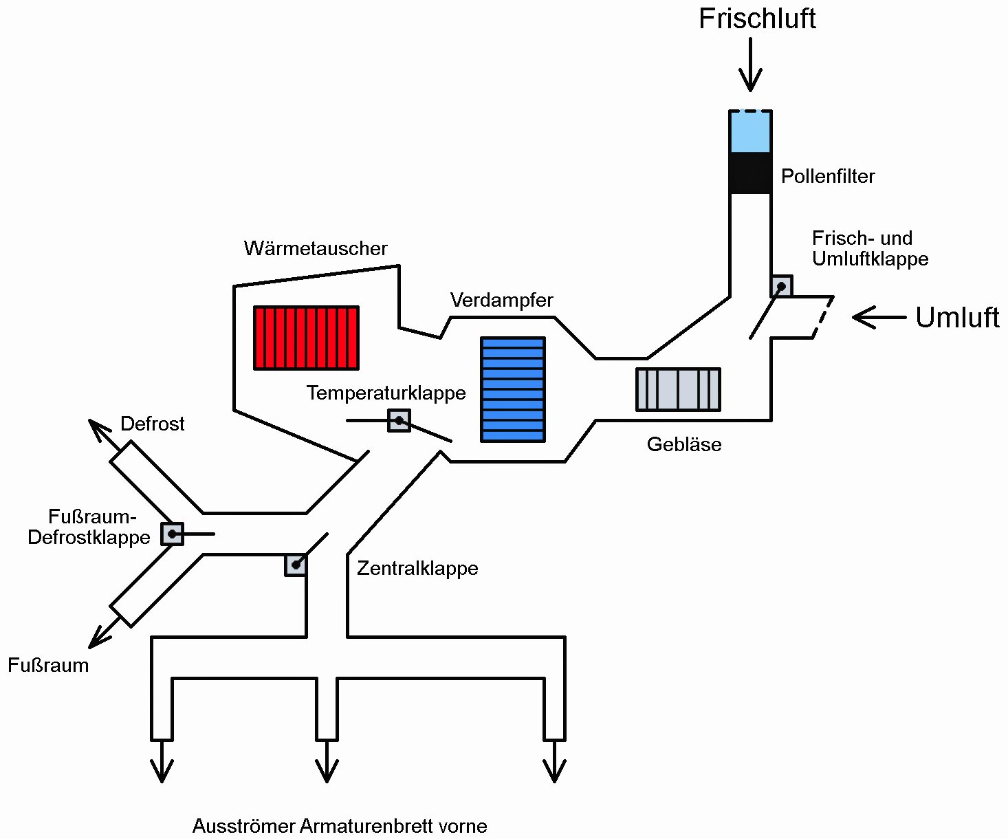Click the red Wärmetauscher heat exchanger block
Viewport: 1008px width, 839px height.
[x=307, y=338]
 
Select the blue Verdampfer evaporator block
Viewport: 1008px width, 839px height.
[x=513, y=389]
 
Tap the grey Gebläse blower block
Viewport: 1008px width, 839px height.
[x=678, y=389]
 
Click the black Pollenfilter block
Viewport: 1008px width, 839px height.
[x=750, y=173]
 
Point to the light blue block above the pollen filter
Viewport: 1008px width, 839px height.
[x=750, y=131]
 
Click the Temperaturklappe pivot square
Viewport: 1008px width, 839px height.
[x=399, y=420]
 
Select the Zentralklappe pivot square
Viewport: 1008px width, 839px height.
[x=296, y=565]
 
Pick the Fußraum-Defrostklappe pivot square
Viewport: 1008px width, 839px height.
[x=172, y=534]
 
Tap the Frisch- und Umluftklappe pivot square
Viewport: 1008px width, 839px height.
[x=781, y=286]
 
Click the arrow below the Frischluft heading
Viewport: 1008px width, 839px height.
[x=750, y=65]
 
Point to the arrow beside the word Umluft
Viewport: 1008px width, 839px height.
[x=879, y=317]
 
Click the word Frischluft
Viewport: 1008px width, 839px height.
[x=757, y=19]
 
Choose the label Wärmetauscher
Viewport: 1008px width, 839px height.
[x=316, y=248]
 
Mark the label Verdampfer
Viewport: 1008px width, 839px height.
[x=502, y=300]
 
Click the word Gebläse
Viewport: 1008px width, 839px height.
[x=684, y=444]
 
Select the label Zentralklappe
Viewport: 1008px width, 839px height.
[x=417, y=568]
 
